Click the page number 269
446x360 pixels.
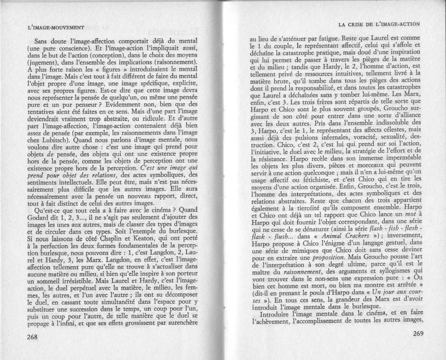coord(417,334)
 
